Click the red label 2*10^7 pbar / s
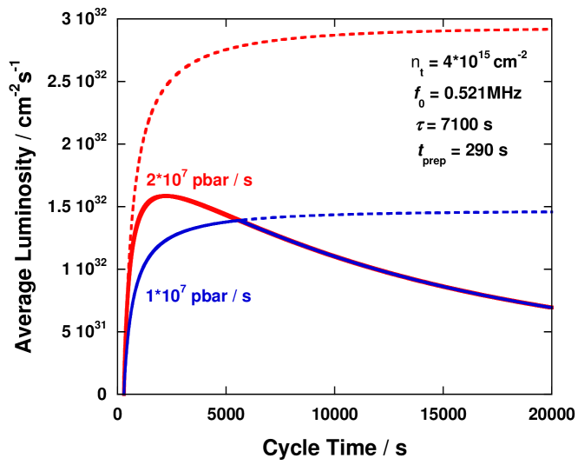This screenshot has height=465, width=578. pyautogui.click(x=199, y=180)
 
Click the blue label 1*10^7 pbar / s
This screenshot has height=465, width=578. pyautogui.click(x=198, y=296)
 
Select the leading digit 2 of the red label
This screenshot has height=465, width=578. pyautogui.click(x=151, y=181)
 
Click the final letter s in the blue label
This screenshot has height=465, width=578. pyautogui.click(x=247, y=297)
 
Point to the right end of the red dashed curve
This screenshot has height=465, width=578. pyautogui.click(x=550, y=30)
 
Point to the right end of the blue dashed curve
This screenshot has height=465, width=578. pyautogui.click(x=551, y=211)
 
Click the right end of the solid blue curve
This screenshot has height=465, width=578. pyautogui.click(x=551, y=307)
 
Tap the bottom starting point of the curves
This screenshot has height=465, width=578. pyautogui.click(x=124, y=393)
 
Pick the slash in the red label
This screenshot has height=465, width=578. pyautogui.click(x=235, y=181)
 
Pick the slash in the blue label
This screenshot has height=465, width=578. pyautogui.click(x=234, y=297)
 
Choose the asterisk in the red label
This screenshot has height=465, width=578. pyautogui.click(x=159, y=179)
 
